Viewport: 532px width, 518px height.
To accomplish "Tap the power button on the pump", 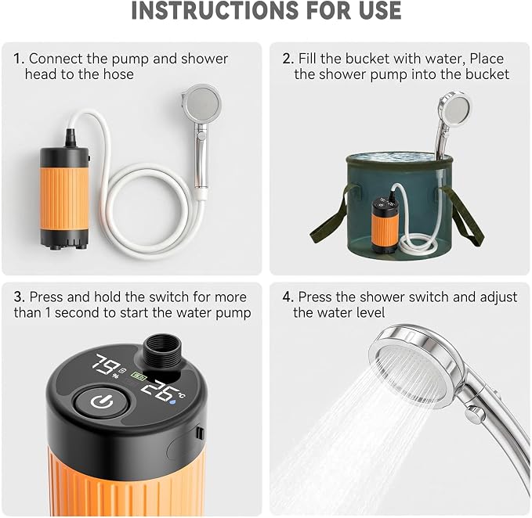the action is click(102, 402).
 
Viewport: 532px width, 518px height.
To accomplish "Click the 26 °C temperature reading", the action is click(162, 392).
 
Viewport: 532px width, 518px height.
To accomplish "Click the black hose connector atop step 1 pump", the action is click(71, 138).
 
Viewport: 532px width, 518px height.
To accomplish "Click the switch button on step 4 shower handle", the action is click(475, 413).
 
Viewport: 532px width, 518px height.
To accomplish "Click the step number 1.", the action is click(19, 59).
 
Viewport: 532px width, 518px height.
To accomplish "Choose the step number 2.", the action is click(288, 59).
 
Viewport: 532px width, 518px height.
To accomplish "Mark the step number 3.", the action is click(20, 297).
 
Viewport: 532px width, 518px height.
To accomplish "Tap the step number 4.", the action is click(288, 297).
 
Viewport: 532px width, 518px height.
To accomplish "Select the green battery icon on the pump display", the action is click(139, 376).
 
